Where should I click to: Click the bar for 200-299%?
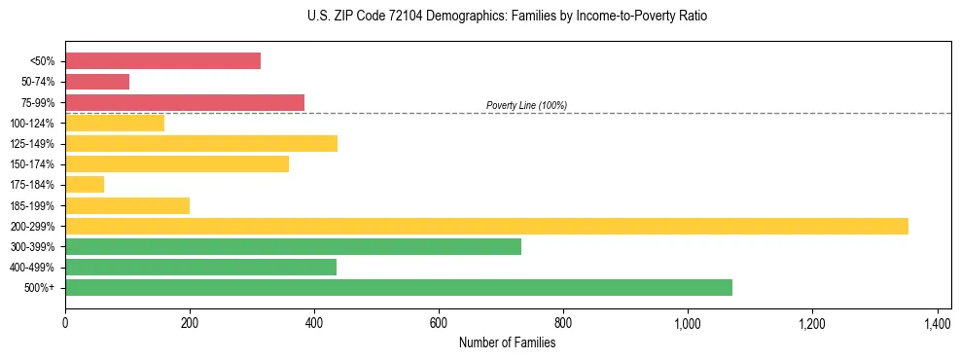(486, 226)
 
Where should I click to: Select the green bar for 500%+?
(399, 288)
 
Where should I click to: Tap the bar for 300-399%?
(293, 247)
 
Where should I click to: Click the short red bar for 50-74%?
(97, 82)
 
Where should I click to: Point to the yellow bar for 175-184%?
(85, 185)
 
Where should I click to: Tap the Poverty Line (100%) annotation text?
(526, 105)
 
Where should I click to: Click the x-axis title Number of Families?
(507, 342)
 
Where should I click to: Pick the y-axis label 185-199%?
(32, 206)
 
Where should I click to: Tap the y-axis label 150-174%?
(32, 164)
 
